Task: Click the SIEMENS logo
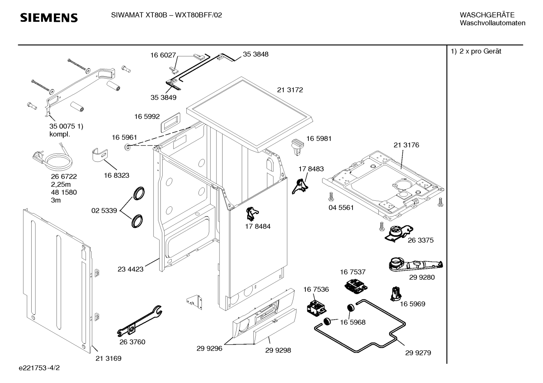pos(49,18)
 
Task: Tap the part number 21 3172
pos(290,90)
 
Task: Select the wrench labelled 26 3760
pos(139,321)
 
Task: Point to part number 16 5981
pos(319,139)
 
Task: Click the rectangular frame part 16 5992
pos(171,123)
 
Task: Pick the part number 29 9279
pos(418,353)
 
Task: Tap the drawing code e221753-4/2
pos(39,368)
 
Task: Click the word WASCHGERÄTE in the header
pos(487,15)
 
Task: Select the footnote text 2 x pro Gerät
pos(480,51)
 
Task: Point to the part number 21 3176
pos(406,145)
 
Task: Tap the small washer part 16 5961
pos(127,147)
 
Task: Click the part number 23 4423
pos(130,269)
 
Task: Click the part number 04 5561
pos(341,207)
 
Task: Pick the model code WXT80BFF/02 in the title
pos(198,15)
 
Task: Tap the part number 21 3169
pos(108,359)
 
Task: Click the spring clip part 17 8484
pos(252,213)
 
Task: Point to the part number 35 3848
pos(256,54)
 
